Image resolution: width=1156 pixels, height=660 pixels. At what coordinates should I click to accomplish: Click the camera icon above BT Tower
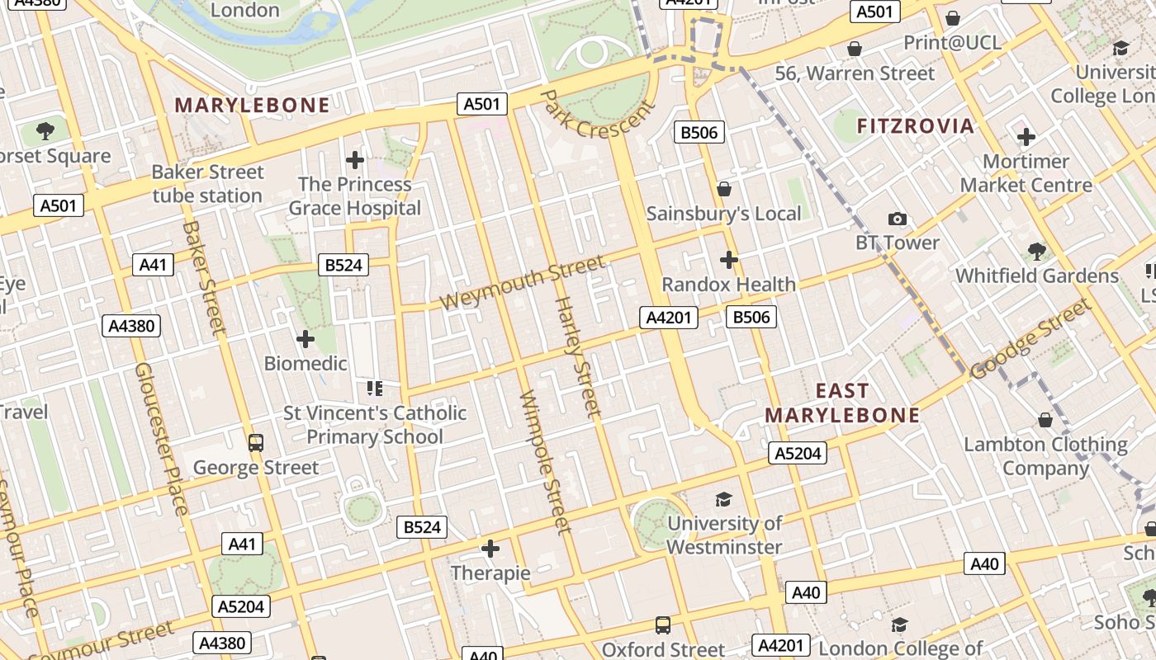[x=898, y=219]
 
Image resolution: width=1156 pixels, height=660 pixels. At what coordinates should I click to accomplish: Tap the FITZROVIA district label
[x=916, y=126]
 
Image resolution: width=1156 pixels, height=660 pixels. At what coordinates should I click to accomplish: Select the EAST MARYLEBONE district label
[x=842, y=403]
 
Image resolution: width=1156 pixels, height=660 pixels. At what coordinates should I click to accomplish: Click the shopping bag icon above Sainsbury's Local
[x=724, y=190]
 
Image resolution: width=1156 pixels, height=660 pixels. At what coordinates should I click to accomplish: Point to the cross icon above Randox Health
[x=728, y=261]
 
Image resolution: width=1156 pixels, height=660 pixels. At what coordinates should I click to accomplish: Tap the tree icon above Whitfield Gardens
[x=1037, y=252]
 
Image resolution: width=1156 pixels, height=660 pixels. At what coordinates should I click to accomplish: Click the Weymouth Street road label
[x=522, y=283]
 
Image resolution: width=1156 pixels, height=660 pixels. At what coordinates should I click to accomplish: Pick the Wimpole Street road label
[x=545, y=461]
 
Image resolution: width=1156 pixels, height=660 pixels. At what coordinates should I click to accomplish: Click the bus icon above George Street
[x=256, y=443]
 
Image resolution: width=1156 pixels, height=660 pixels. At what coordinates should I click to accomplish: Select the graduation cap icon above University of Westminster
[x=724, y=499]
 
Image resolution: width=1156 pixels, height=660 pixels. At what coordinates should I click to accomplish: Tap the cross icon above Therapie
[x=490, y=549]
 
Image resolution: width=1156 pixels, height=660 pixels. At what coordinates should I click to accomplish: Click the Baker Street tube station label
[x=207, y=184]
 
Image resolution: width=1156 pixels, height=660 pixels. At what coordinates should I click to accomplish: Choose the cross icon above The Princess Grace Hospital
[x=355, y=160]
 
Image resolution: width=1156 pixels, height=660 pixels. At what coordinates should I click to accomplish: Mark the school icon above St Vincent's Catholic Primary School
[x=375, y=388]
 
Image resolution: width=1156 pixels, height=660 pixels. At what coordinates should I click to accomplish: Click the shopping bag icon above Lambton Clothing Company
[x=1045, y=420]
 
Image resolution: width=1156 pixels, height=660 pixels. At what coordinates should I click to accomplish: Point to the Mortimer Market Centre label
[x=1026, y=173]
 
